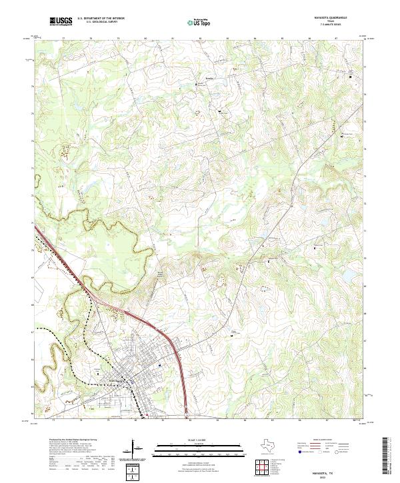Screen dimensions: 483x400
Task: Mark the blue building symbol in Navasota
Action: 160,364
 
